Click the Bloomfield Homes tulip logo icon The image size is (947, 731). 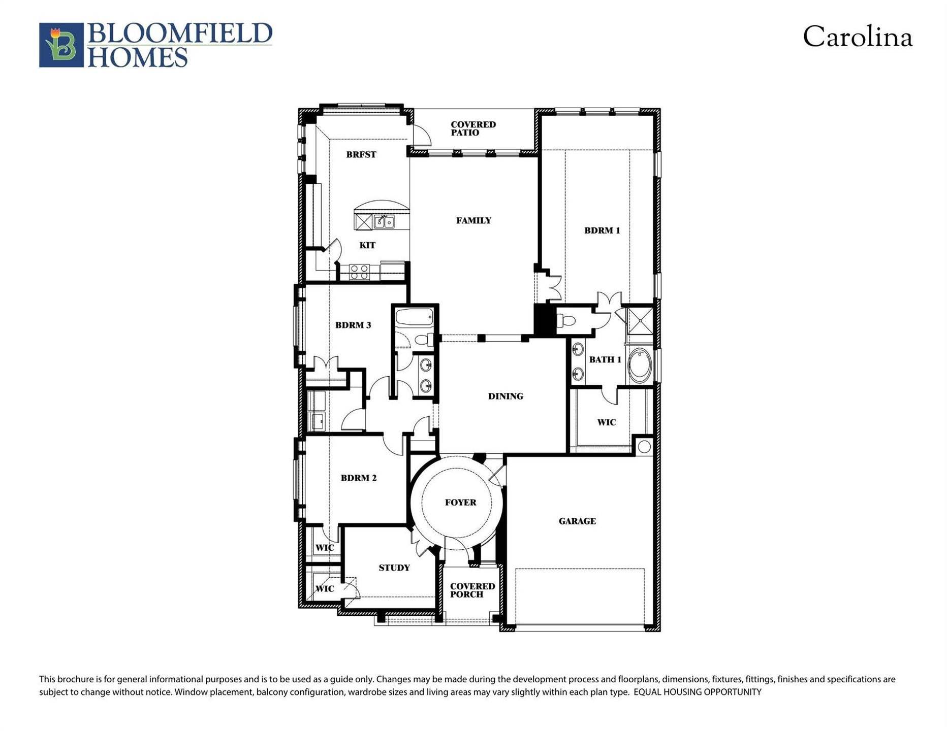(61, 45)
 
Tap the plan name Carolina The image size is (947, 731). (857, 38)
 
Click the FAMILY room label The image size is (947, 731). (473, 220)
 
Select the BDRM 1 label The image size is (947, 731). (602, 230)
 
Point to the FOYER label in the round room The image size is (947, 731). (460, 503)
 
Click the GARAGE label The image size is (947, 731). (577, 521)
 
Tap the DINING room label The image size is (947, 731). (506, 396)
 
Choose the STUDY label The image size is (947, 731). (394, 568)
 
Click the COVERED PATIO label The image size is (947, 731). (472, 128)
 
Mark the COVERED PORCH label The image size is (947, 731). (472, 590)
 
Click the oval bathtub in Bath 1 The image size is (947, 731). (640, 365)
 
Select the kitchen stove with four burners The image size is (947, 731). (359, 272)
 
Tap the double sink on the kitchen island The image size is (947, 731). (384, 222)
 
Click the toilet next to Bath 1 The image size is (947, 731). (566, 321)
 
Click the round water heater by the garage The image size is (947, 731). (644, 447)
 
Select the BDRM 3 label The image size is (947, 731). (353, 325)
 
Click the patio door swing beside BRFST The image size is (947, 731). (421, 136)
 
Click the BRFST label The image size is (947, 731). (361, 155)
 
